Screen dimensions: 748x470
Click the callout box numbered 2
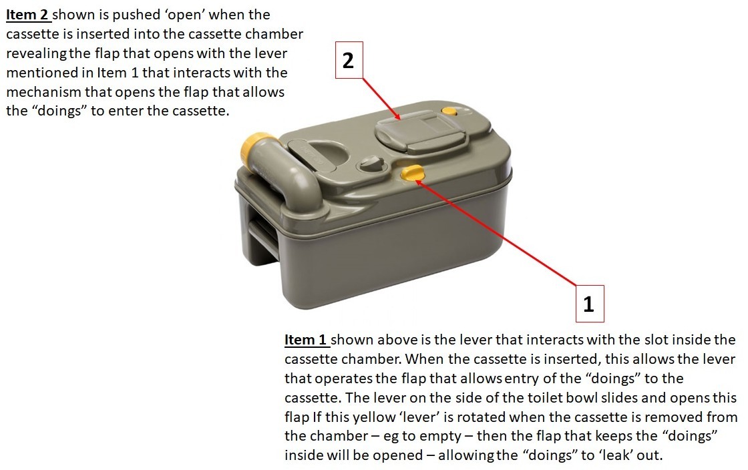(349, 60)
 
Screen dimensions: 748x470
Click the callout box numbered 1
(590, 304)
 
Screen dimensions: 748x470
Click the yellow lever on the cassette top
(413, 172)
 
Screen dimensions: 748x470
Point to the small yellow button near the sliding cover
(449, 111)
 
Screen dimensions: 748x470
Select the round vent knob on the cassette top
(370, 164)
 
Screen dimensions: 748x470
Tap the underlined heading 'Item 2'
(27, 15)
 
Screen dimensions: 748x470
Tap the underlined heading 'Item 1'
(305, 340)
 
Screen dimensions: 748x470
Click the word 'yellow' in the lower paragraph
(376, 417)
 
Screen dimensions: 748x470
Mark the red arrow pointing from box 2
(381, 99)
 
